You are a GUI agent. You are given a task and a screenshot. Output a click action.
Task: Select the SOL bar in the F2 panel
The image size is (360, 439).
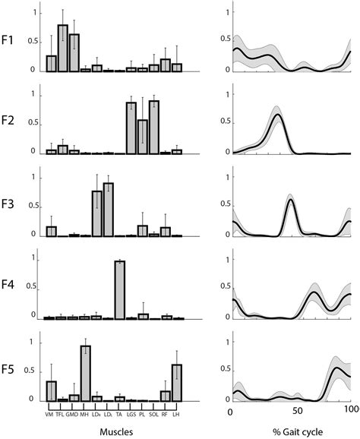pos(153,127)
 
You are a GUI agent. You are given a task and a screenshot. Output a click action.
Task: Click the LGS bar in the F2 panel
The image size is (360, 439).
pos(131,128)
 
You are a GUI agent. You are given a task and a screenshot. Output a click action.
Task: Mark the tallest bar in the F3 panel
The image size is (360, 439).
pos(108,210)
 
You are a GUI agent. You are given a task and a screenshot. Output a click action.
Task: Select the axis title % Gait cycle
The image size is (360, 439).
pos(292,430)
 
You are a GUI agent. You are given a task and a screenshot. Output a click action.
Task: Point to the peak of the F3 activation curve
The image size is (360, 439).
pos(290,200)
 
